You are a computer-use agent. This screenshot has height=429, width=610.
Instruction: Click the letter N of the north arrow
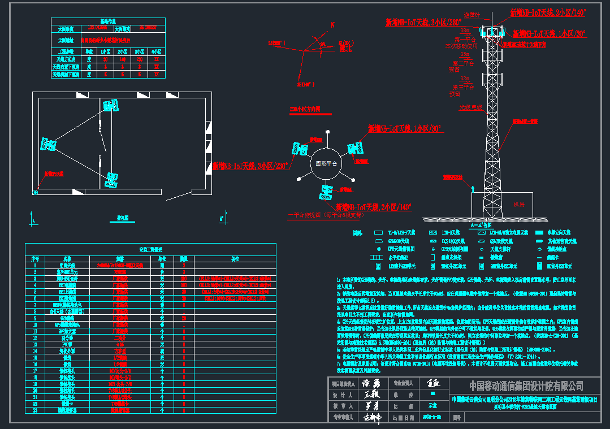pyautogui.click(x=333, y=25)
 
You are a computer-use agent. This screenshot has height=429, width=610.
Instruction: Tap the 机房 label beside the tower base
pyautogui.click(x=519, y=204)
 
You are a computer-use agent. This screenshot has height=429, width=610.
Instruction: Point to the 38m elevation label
pyautogui.click(x=465, y=30)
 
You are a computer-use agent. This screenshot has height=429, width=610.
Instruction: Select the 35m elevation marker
pyautogui.click(x=464, y=54)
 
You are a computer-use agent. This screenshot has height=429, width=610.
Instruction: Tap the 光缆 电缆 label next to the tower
pyautogui.click(x=470, y=106)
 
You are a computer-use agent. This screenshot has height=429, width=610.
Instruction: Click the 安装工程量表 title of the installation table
pyautogui.click(x=150, y=249)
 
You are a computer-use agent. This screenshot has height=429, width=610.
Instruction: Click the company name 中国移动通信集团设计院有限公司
pyautogui.click(x=526, y=386)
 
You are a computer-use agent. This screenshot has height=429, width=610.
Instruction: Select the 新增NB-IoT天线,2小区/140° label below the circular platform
pyautogui.click(x=374, y=207)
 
